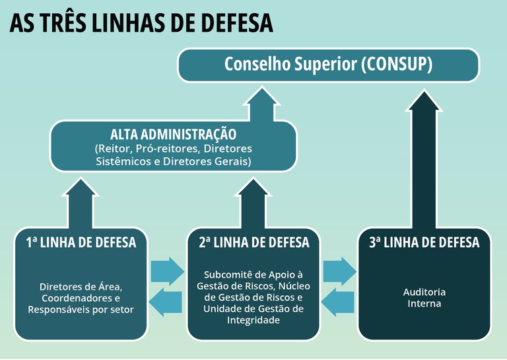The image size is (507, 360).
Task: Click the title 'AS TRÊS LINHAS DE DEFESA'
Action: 141,23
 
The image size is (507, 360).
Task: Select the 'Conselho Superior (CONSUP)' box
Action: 328,65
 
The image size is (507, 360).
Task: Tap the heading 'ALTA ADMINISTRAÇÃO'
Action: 173,134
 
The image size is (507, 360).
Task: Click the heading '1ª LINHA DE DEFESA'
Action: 81,242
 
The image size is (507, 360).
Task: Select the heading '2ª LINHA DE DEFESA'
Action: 253,242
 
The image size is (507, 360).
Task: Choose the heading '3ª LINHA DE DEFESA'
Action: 424,242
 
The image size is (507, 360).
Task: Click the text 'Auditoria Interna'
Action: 424,297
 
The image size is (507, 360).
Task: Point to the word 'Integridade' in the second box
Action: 253,320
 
